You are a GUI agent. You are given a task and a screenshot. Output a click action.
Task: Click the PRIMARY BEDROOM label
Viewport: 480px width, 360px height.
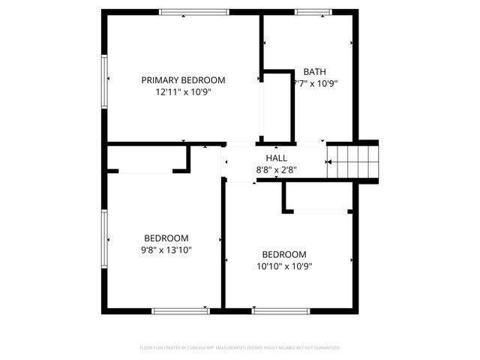pos(184,80)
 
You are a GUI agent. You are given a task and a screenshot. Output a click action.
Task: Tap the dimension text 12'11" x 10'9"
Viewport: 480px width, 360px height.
pos(184,92)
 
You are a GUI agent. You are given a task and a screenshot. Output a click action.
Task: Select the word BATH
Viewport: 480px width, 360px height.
pos(315,72)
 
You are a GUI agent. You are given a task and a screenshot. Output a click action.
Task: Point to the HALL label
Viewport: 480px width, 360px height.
pos(277,158)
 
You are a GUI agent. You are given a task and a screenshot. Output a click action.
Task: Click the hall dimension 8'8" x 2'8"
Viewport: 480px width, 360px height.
pos(277,170)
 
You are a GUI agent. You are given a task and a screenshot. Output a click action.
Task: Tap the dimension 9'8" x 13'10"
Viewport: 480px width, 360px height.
pos(166,250)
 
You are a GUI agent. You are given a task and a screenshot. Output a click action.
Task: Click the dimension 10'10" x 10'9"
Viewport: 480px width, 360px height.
pos(284,266)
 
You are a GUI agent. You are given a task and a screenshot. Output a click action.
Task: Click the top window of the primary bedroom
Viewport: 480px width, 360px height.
pos(194,12)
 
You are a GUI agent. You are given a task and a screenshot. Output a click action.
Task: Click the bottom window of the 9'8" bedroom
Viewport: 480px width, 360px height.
pos(181,310)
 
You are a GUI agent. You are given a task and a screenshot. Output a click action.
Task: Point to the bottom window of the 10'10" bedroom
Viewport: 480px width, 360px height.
pos(281,310)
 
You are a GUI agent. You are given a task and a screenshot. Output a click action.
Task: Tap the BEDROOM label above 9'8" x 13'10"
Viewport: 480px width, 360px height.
pos(166,238)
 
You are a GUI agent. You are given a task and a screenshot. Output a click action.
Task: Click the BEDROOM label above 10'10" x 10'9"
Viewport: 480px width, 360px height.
pos(284,254)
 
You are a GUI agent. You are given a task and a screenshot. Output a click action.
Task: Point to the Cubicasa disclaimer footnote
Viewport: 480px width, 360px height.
pos(240,348)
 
